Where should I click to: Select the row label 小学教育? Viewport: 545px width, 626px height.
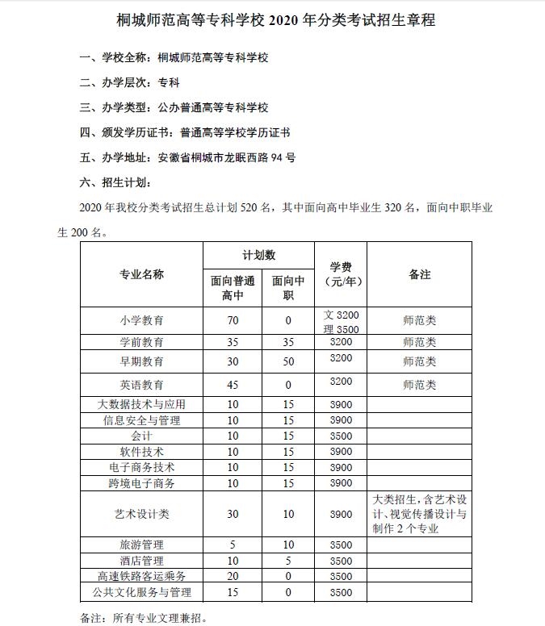pos(141,320)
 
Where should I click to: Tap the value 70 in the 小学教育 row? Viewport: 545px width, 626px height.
pos(233,320)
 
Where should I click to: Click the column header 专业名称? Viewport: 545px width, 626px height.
pos(141,274)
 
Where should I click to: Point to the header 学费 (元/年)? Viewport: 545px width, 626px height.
pos(340,274)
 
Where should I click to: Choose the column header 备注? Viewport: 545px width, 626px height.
pos(419,274)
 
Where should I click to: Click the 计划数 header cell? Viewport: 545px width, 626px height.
pos(258,255)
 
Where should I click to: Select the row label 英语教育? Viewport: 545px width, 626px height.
pos(141,384)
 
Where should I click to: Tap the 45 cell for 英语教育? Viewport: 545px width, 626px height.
pos(233,384)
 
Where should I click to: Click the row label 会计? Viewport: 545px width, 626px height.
pos(141,436)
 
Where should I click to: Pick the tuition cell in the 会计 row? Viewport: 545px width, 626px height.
pos(341,436)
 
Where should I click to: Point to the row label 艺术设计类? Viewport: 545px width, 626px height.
pos(141,514)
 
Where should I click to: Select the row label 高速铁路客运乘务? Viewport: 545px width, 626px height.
pos(141,576)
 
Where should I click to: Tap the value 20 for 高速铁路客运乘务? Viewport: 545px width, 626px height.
pos(233,576)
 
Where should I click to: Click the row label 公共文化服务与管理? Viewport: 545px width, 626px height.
pos(141,592)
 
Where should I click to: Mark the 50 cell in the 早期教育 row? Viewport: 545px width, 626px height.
pos(287,361)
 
